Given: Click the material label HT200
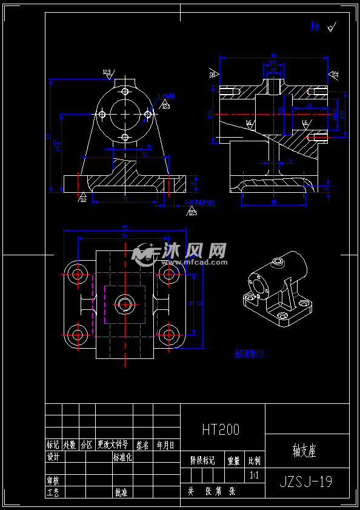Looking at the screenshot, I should coord(221,430).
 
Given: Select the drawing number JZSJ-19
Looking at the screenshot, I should coord(306,482).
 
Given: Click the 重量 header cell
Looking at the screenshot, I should coord(233,460).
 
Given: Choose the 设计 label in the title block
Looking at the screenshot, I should coord(53,457).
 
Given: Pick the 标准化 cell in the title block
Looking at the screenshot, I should coord(122,457).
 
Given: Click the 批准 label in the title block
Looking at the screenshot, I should coord(121,492).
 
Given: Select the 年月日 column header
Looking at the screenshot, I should coord(165,445).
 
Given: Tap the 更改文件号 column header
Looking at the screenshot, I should coord(113,445).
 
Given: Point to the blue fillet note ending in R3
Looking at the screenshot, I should coord(249,354).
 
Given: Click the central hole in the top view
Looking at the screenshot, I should coord(125,304).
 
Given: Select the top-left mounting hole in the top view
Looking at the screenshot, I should coord(77,274).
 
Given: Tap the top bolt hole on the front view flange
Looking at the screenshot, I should coord(125,92).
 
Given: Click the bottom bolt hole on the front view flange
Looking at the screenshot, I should coord(125,138).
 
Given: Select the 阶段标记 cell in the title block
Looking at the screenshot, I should coord(202,460).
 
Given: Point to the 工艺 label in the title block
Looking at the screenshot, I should coord(53,492).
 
